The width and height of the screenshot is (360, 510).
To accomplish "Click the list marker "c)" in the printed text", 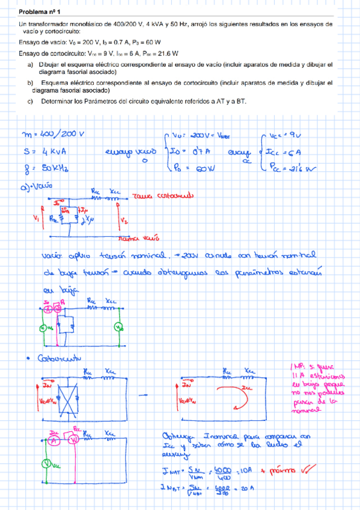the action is tap(31, 101).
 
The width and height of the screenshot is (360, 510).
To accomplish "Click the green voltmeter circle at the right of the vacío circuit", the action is tap(119, 327).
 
